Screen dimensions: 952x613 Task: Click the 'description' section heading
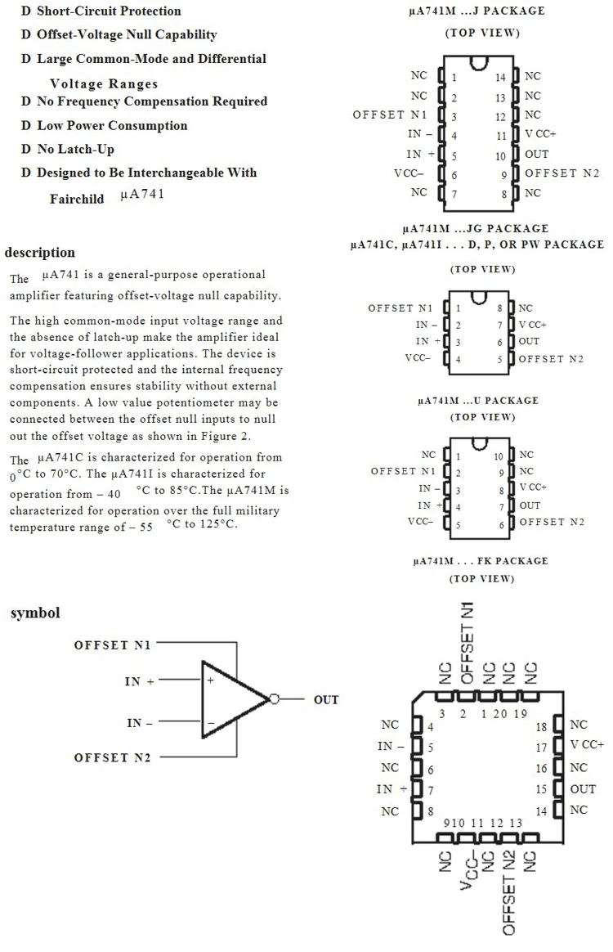39,253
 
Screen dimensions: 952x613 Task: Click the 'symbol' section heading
35,613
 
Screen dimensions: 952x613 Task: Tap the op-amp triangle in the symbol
230,699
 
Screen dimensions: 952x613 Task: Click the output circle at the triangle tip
275,699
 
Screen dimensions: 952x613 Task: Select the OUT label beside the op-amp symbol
325,700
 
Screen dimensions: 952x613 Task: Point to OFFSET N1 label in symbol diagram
113,645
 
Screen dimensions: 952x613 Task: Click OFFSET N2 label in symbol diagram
113,758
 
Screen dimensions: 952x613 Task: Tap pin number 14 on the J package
501,78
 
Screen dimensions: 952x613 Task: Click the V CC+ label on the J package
540,134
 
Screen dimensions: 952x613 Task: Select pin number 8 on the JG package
499,309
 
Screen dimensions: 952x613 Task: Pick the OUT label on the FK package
583,789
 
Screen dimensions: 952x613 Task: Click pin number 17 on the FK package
540,747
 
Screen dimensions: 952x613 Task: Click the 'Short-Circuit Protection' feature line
109,11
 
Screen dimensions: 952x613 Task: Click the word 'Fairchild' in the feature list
77,199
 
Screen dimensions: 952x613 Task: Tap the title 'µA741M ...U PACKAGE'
477,401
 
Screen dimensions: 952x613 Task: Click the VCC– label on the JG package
420,359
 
